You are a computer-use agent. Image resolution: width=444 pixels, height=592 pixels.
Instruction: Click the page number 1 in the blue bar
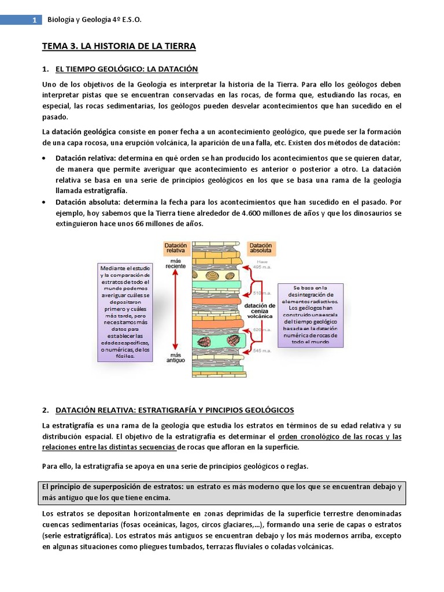coord(34,20)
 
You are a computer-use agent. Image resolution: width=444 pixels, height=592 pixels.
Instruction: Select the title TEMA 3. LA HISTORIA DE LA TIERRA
coord(120,46)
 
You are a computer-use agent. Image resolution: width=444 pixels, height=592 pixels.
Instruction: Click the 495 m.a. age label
coord(264,267)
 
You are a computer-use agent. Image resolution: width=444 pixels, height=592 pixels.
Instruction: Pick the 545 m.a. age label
coord(264,351)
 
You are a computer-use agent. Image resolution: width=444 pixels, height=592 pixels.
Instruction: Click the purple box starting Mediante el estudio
coord(125,312)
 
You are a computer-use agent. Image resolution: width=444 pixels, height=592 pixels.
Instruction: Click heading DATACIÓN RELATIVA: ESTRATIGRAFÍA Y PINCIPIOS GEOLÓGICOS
coord(175,410)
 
